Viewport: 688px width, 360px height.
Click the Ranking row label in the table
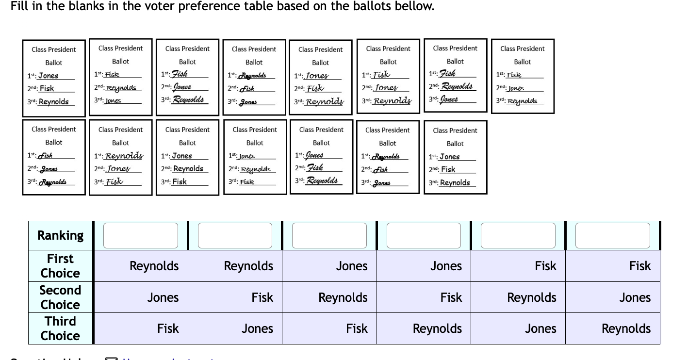[x=60, y=235]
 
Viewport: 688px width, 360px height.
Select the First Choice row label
[x=60, y=266]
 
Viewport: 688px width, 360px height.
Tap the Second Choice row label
[x=60, y=297]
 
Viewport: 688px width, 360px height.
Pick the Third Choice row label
[x=60, y=328]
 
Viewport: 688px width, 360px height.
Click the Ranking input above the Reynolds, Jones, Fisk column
[x=141, y=235]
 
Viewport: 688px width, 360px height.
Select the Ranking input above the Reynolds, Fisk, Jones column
[x=235, y=235]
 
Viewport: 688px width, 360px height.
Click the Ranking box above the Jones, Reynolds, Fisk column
[x=329, y=235]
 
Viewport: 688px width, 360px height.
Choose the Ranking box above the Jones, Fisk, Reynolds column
[x=424, y=235]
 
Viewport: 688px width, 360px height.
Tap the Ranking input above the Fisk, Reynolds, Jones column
[x=518, y=235]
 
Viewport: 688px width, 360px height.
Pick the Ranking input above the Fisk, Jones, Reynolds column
[x=612, y=235]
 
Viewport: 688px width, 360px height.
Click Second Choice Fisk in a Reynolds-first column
[x=262, y=297]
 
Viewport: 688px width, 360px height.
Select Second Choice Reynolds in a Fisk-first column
[x=532, y=297]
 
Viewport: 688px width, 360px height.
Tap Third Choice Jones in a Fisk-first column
[x=540, y=328]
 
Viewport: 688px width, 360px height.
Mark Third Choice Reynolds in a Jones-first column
[x=437, y=328]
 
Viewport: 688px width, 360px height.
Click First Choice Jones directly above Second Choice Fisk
[x=446, y=266]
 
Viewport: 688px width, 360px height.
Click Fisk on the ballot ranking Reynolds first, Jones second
[x=115, y=182]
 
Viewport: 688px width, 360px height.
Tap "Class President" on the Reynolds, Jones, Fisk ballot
[x=120, y=130]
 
